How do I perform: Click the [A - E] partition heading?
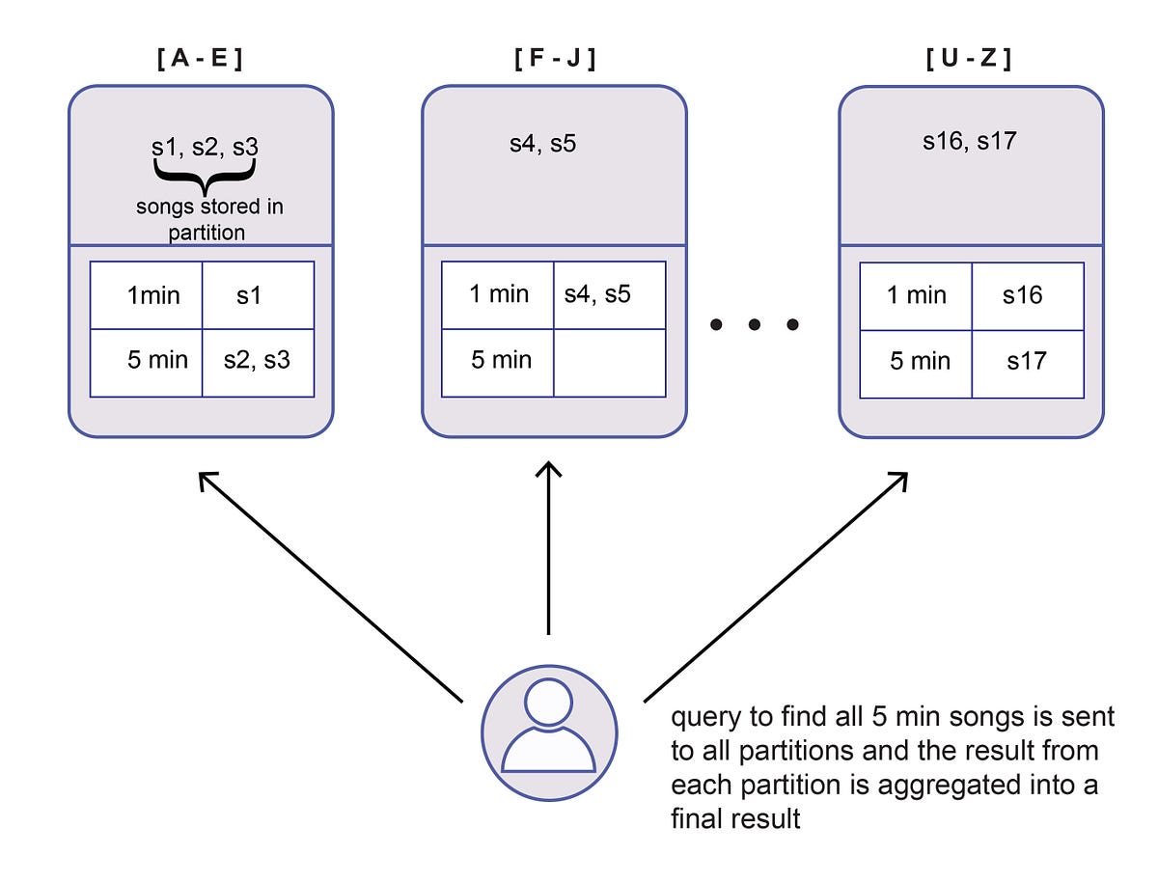point(201,58)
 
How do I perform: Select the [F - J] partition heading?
point(554,58)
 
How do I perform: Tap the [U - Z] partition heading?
point(971,58)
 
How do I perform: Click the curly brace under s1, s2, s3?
point(205,175)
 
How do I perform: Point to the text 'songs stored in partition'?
point(209,219)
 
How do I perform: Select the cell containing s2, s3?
point(258,362)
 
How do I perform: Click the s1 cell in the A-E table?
point(258,295)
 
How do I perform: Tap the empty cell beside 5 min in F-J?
point(609,362)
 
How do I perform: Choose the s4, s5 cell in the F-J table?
point(609,294)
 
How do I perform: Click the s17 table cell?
point(1027,362)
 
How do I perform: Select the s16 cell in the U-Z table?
point(1027,295)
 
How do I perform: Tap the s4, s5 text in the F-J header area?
point(543,145)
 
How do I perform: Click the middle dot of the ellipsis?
point(754,325)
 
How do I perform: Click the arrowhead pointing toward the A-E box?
point(207,479)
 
